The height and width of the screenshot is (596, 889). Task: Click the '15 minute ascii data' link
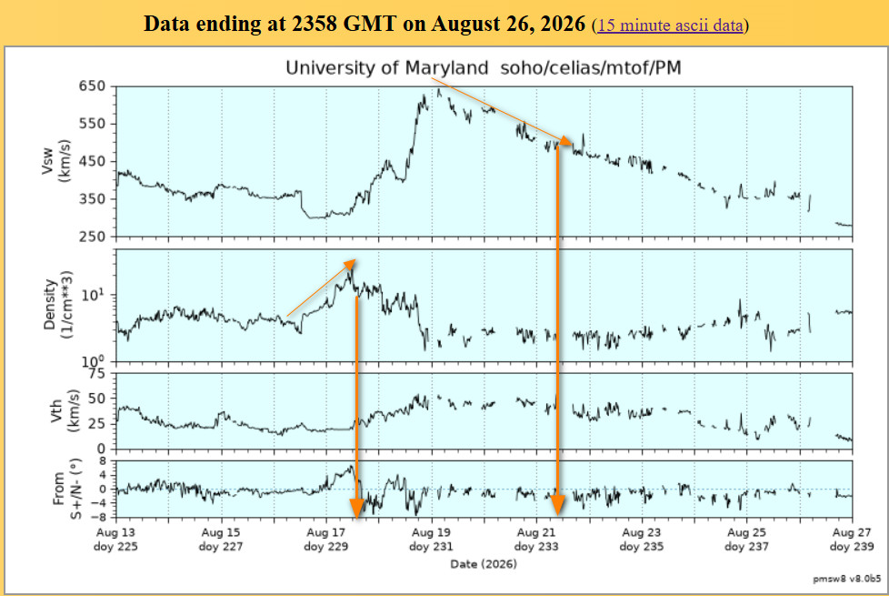pyautogui.click(x=670, y=25)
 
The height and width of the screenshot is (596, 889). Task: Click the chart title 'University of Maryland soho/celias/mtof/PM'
pyautogui.click(x=483, y=68)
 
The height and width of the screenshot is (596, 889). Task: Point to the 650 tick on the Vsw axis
pyautogui.click(x=93, y=86)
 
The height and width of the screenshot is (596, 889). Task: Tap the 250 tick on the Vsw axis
pyautogui.click(x=93, y=237)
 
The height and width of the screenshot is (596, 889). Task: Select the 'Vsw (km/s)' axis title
pyautogui.click(x=55, y=161)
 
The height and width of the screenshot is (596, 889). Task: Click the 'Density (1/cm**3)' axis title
pyautogui.click(x=58, y=305)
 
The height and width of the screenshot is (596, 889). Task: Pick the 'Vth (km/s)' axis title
pyautogui.click(x=65, y=410)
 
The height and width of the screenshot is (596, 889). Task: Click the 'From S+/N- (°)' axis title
pyautogui.click(x=67, y=489)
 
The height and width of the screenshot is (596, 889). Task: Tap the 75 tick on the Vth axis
pyautogui.click(x=97, y=373)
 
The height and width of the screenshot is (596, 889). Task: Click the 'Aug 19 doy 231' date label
pyautogui.click(x=431, y=540)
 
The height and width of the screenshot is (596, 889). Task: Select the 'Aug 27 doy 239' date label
pyautogui.click(x=852, y=540)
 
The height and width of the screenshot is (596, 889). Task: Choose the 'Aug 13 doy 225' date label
pyautogui.click(x=115, y=540)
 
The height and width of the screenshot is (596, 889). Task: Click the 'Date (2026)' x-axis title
pyautogui.click(x=484, y=564)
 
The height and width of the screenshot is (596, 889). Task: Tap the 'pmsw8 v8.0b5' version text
pyautogui.click(x=847, y=579)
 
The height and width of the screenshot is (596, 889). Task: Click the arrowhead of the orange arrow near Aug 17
pyautogui.click(x=356, y=510)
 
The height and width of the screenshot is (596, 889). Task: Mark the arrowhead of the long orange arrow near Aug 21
pyautogui.click(x=558, y=505)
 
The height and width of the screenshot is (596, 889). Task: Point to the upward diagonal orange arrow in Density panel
pyautogui.click(x=322, y=288)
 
